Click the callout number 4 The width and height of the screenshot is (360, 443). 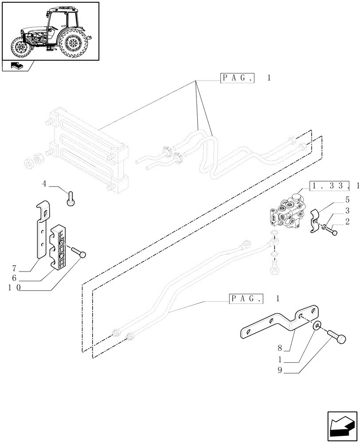[x=44, y=183]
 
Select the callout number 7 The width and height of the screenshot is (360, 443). [x=14, y=268]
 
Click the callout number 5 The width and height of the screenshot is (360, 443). [x=347, y=200]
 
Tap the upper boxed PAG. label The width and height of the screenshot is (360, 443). [x=237, y=78]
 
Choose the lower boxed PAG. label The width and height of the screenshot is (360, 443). [x=246, y=298]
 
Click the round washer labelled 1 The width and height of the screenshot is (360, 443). [x=316, y=326]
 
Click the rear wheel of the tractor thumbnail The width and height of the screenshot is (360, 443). [x=72, y=43]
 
